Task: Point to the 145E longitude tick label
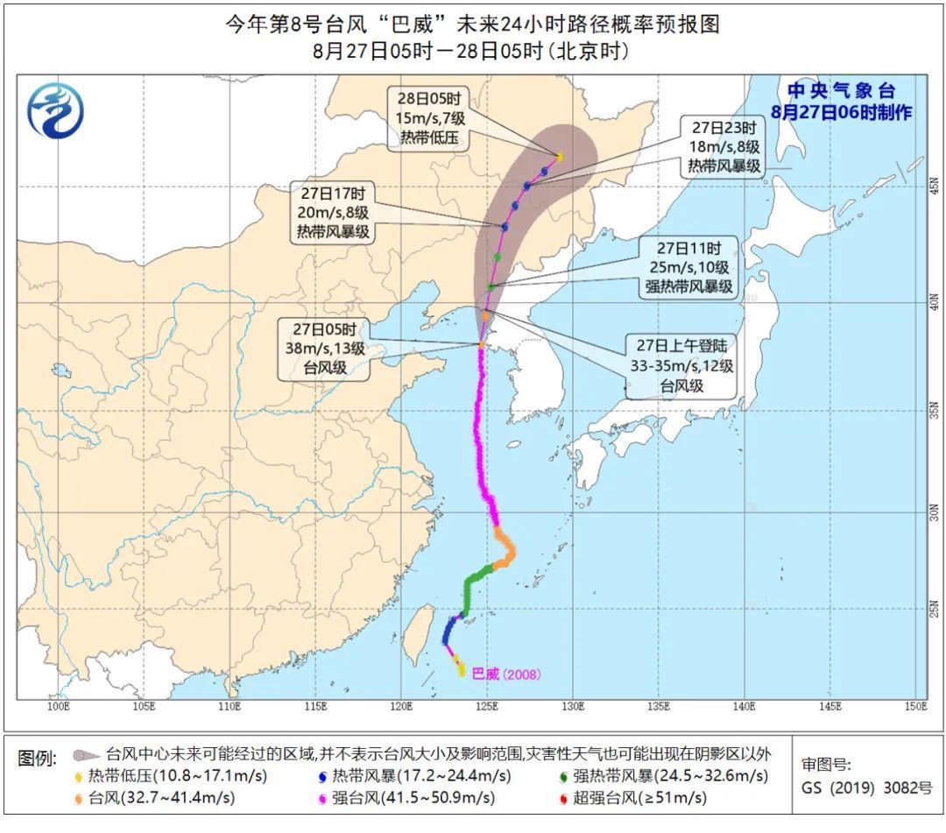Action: point(830,706)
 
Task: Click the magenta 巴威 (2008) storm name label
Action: point(505,674)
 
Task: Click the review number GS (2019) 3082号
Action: point(866,787)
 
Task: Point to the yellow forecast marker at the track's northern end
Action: point(560,158)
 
